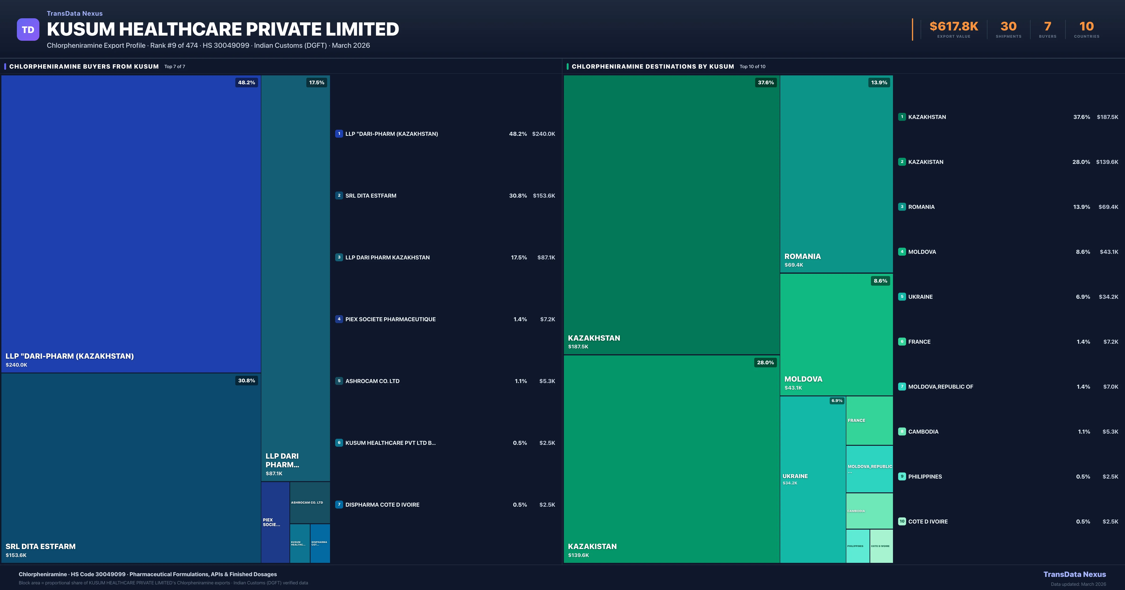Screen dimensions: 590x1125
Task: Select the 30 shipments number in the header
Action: [x=1008, y=27]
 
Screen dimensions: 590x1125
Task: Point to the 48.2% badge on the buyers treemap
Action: [x=246, y=82]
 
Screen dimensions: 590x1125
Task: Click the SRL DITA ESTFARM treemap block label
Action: [x=41, y=546]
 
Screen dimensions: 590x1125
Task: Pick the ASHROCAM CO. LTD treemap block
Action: [x=310, y=503]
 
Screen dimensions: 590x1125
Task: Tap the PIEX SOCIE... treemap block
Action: [x=275, y=522]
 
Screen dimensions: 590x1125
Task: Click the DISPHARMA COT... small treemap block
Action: [x=320, y=543]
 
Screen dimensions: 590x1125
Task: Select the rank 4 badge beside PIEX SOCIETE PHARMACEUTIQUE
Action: [x=339, y=319]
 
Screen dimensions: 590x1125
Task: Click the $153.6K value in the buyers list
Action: [x=544, y=195]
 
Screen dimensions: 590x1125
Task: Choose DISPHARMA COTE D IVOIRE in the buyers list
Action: [x=382, y=505]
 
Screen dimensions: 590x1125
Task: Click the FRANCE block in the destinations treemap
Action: [x=869, y=420]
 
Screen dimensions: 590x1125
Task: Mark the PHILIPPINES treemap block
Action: [x=857, y=546]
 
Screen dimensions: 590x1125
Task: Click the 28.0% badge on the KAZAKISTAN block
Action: [x=765, y=363]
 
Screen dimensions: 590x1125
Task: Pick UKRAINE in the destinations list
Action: [x=920, y=297]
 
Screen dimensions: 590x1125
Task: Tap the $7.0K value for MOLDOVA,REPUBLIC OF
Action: [x=1110, y=387]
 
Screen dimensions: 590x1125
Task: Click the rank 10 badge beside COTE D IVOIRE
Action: [x=902, y=521]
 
